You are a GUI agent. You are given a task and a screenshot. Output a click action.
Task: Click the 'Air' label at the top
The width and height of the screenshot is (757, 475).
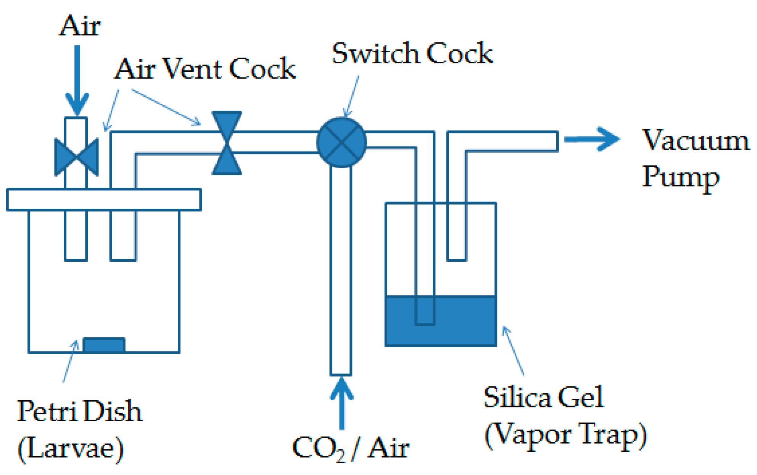(x=80, y=26)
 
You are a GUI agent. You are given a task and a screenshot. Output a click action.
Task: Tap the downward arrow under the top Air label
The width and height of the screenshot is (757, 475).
(x=77, y=80)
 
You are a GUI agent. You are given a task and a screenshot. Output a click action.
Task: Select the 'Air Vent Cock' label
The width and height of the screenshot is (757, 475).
(x=205, y=69)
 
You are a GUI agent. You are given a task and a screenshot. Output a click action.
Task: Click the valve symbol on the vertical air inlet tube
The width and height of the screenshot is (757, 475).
(x=77, y=157)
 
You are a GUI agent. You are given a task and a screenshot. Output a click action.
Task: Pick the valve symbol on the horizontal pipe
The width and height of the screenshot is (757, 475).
(x=227, y=143)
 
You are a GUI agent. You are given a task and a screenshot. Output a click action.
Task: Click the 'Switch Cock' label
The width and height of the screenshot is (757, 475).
(x=412, y=53)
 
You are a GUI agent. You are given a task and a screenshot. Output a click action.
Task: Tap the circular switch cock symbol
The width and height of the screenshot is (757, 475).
(x=341, y=142)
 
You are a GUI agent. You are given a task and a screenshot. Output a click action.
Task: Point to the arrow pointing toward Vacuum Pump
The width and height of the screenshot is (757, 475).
(x=592, y=139)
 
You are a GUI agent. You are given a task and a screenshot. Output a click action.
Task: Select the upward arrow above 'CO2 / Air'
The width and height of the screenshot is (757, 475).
(x=341, y=403)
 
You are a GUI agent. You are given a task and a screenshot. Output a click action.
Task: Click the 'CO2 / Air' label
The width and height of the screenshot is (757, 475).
(x=351, y=448)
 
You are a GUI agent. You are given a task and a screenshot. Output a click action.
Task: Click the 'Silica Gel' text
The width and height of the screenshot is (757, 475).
(x=543, y=397)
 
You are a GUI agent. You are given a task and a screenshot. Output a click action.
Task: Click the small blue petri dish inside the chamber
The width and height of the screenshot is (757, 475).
(x=104, y=345)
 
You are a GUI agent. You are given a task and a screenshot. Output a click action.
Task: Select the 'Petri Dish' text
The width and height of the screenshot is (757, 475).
(x=79, y=411)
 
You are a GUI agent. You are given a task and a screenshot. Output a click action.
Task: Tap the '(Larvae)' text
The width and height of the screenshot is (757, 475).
(x=71, y=449)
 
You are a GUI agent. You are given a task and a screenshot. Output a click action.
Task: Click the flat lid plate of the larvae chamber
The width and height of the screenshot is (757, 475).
(x=104, y=200)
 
